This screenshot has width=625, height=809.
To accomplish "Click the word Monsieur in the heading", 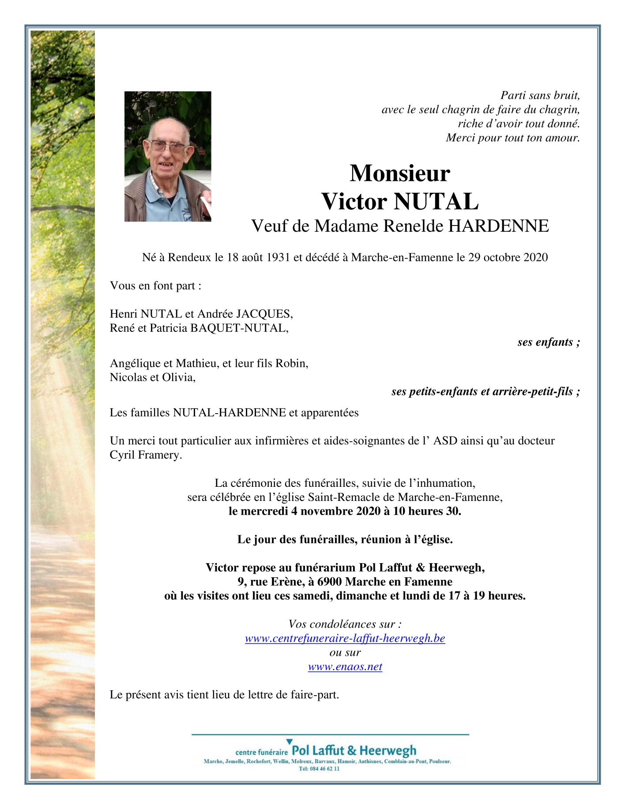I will tap(399, 173).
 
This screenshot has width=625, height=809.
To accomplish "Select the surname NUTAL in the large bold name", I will tap(436, 202).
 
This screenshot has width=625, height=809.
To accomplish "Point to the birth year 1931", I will tap(278, 257).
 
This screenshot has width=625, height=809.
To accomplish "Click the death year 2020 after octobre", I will tap(535, 257).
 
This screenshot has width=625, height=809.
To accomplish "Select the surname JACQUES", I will tap(264, 314).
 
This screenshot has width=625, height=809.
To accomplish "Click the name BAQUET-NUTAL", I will tap(239, 328).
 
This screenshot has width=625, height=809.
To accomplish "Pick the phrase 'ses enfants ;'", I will tap(549, 342).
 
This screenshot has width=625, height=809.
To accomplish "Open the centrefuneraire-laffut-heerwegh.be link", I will tap(345, 638).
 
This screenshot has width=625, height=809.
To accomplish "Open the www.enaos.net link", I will tap(345, 666).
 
